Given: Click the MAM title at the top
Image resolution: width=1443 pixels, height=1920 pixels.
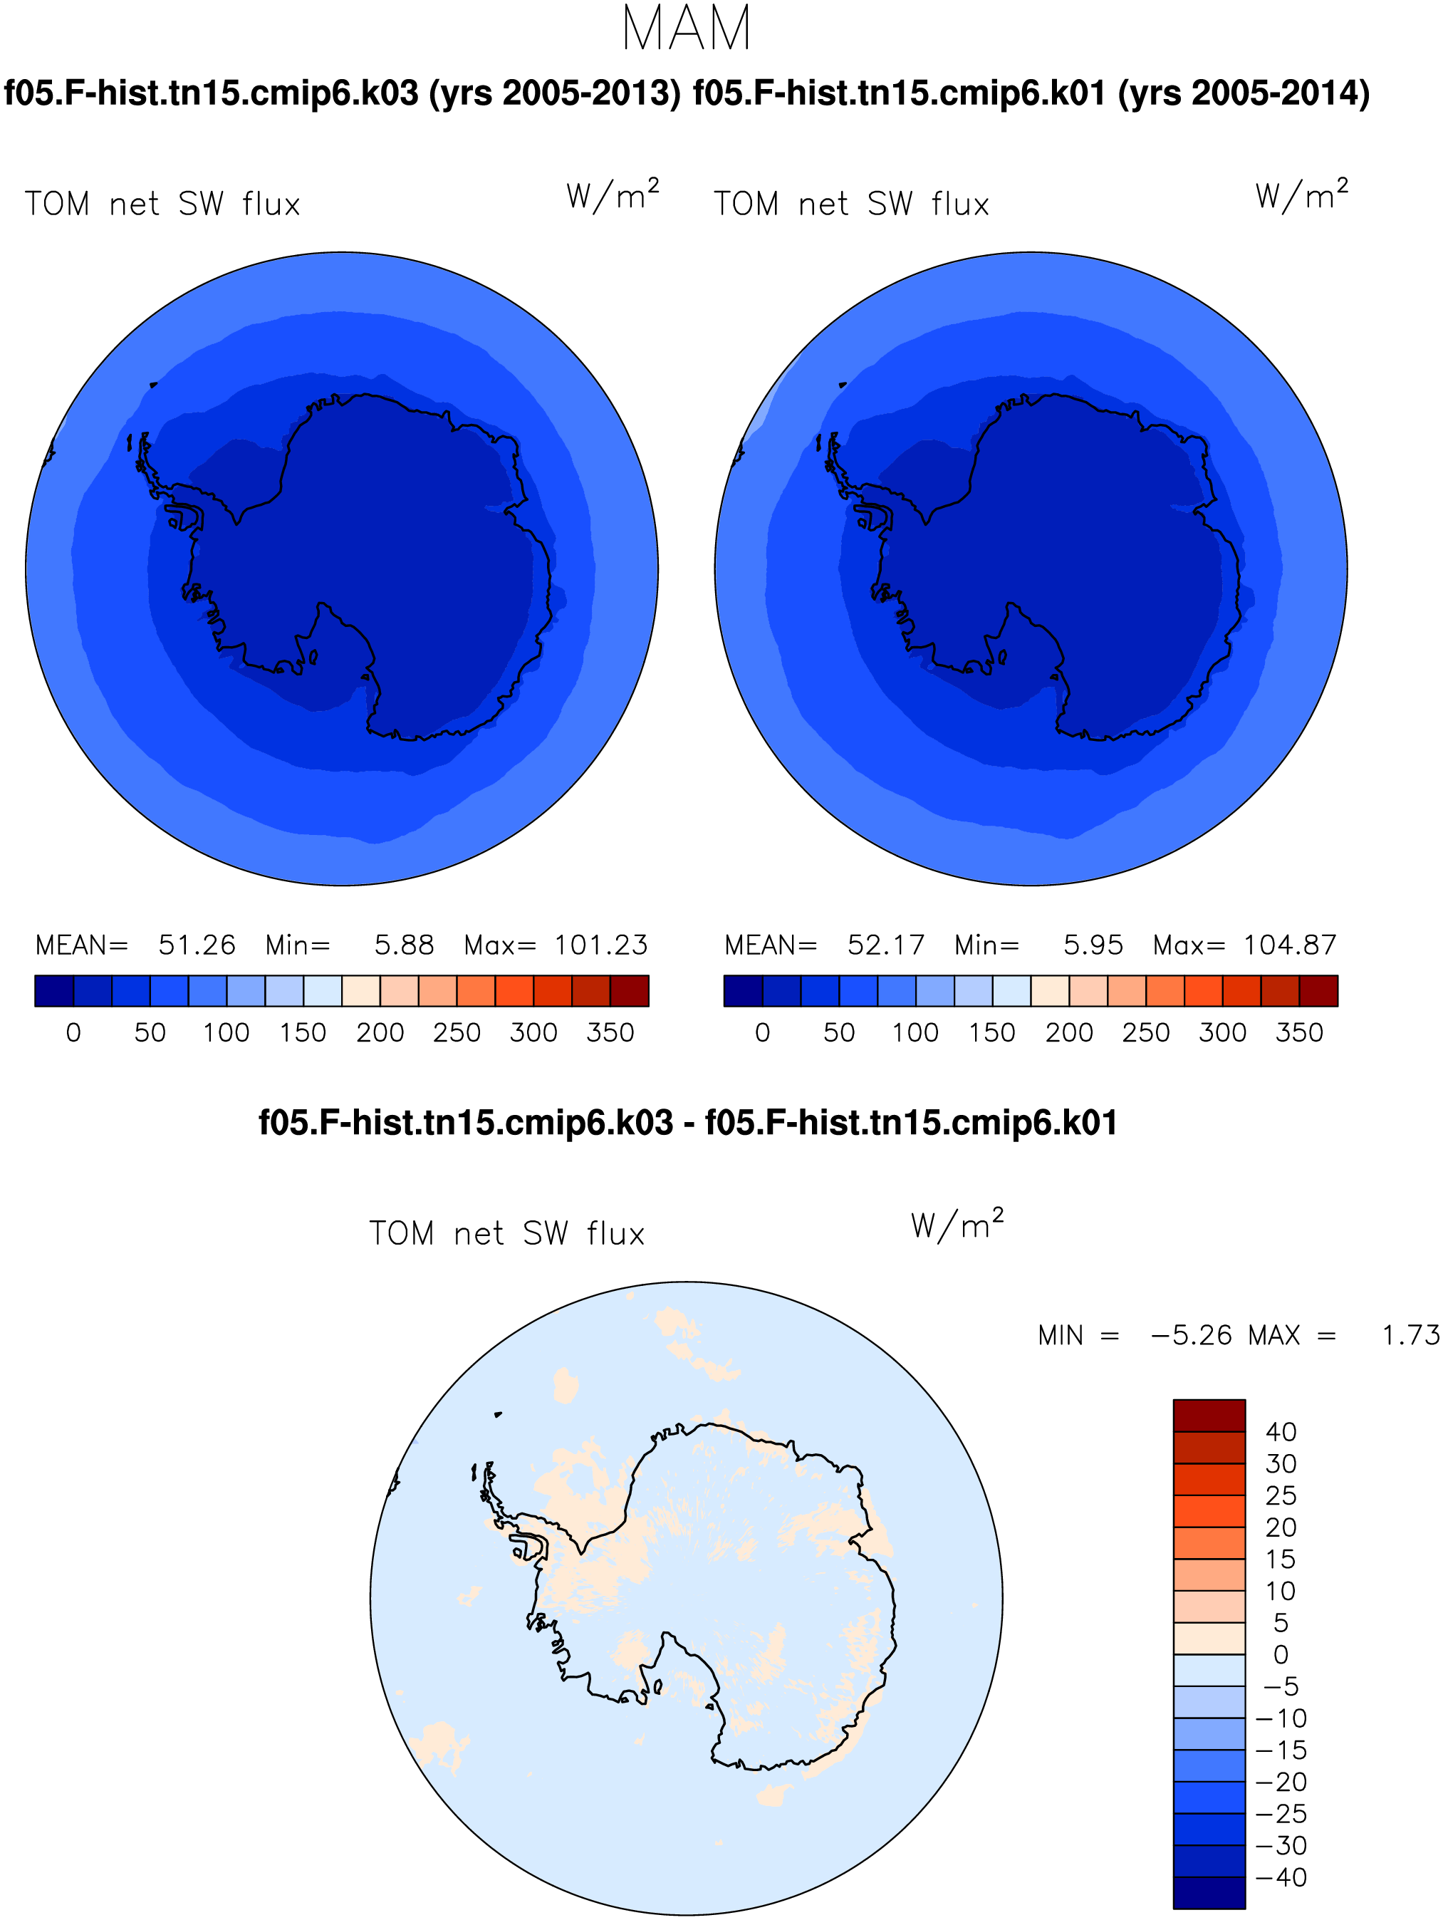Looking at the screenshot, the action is point(687,28).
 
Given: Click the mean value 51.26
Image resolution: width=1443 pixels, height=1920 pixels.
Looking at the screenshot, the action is point(197,945).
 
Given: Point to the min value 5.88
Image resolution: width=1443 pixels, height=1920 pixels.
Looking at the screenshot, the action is point(404,945).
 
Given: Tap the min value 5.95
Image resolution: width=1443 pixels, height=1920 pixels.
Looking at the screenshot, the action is point(1093,945).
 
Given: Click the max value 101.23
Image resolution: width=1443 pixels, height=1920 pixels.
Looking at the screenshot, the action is point(600,945).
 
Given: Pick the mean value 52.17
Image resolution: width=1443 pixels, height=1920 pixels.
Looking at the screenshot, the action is point(886,945).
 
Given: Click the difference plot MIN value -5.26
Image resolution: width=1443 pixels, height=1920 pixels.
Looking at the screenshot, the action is point(1190,1335).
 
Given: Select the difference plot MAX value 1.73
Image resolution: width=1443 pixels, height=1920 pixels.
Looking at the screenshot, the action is point(1411,1335).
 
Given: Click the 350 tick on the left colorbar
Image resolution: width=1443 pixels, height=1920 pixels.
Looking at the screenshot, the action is point(610,1032).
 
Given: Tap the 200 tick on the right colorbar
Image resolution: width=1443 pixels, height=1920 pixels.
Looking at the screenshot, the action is point(1069,1032).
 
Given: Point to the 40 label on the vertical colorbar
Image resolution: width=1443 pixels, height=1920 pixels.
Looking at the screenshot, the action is point(1281,1431).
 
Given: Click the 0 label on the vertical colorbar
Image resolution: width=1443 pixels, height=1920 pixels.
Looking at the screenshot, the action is point(1281,1654).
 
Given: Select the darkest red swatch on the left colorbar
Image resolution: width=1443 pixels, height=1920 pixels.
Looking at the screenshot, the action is point(629,990).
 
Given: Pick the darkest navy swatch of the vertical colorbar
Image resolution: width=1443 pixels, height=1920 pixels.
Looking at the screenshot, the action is point(1209,1893).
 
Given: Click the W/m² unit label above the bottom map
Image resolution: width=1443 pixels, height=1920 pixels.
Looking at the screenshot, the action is point(957,1224).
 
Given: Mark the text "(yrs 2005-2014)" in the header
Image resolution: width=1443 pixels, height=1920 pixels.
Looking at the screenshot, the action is point(1244,93).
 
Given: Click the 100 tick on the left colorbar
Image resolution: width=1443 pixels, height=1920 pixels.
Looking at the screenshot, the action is point(226,1032).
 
